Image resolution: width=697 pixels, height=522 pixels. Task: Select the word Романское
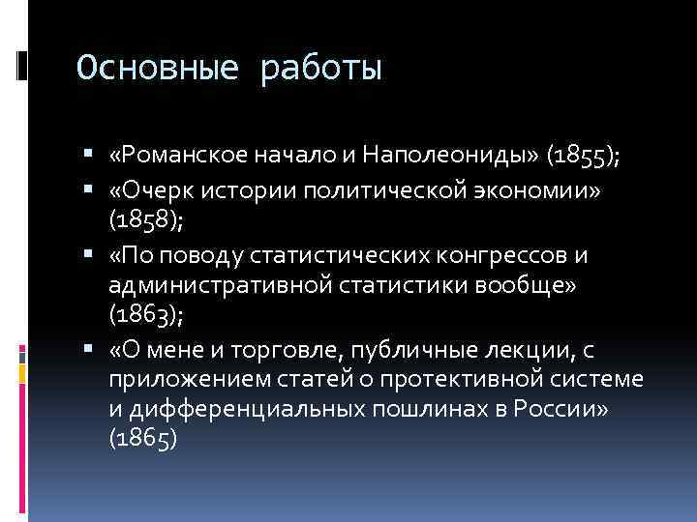tap(178, 156)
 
